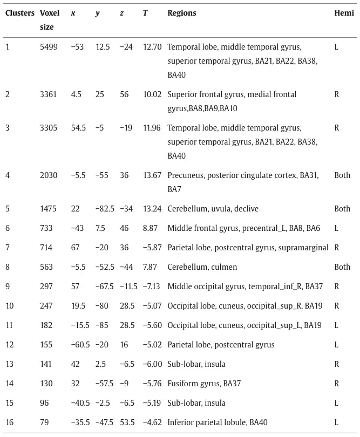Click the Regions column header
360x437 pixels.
coord(182,13)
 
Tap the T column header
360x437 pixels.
coord(145,13)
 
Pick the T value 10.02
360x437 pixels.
coord(152,94)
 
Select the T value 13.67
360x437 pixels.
coord(152,175)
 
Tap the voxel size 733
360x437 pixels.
coord(46,228)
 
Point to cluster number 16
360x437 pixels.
coord(9,422)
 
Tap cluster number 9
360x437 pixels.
coord(8,286)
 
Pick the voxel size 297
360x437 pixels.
coord(46,286)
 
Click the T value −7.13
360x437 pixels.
coord(152,286)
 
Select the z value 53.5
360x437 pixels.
coord(127,422)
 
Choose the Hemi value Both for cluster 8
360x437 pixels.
coord(342,267)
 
